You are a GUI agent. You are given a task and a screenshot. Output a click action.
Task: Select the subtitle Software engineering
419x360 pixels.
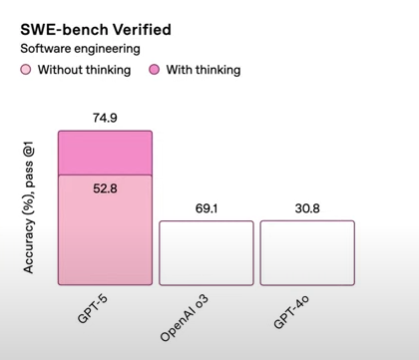(x=82, y=48)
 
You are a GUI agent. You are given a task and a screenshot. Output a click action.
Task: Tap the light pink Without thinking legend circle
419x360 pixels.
(x=26, y=70)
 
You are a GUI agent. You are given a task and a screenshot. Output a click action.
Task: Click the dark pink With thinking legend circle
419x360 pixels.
(x=155, y=70)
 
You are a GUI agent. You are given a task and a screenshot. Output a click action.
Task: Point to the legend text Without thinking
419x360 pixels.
(x=85, y=70)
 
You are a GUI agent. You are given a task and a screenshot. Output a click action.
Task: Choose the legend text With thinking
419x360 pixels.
(x=205, y=70)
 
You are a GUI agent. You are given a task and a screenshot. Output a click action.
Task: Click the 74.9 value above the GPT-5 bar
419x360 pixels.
(x=105, y=118)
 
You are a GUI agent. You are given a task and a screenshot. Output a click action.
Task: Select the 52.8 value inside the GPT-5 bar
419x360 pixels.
(x=105, y=186)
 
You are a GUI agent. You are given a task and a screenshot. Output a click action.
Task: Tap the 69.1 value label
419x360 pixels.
(x=206, y=208)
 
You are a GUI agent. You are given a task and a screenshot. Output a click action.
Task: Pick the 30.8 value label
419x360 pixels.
(x=306, y=208)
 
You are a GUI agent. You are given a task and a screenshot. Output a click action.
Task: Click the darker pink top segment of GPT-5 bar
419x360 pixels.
(x=105, y=152)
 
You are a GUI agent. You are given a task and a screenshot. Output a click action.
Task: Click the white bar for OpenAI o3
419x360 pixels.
(x=206, y=252)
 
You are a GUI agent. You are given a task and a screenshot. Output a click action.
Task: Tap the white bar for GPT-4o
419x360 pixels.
(x=306, y=252)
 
